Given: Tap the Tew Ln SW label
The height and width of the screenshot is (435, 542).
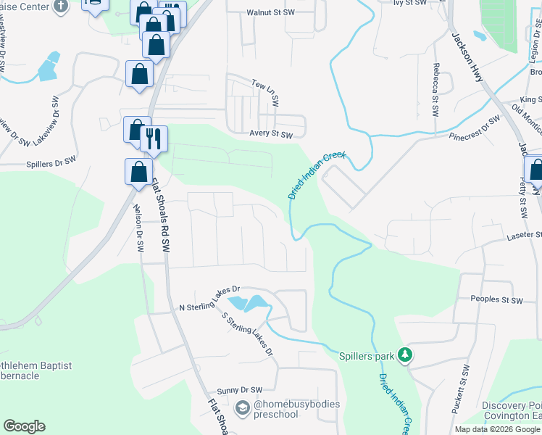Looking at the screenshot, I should click(x=265, y=92).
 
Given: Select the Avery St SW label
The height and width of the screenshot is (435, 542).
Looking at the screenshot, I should click(x=270, y=134).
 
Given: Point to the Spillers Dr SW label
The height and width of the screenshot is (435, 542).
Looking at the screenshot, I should click(x=51, y=165).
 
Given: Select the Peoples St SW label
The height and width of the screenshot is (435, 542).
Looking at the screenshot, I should click(x=496, y=299).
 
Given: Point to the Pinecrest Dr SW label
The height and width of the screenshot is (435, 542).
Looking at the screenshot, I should click(x=474, y=127).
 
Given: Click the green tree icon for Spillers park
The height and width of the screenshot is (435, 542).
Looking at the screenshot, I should click(x=406, y=355).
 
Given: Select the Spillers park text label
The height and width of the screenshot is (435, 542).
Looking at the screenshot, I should click(x=366, y=356).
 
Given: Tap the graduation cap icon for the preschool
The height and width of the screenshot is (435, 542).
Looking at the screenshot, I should click(x=243, y=410).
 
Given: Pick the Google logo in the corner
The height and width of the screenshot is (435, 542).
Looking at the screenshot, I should click(x=24, y=426).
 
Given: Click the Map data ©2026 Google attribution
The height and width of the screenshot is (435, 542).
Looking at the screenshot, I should click(x=497, y=429).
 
